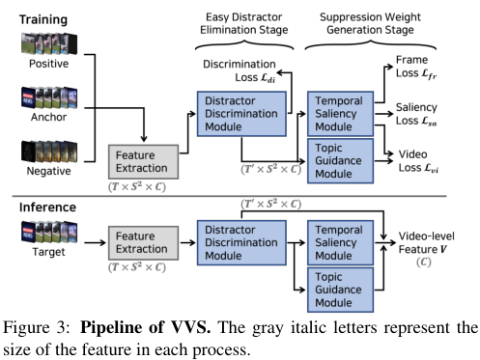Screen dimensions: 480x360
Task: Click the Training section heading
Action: (43, 19)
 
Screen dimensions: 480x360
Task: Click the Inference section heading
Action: (47, 208)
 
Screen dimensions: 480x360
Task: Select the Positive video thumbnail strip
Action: (49, 43)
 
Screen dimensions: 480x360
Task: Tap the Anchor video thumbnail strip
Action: (49, 97)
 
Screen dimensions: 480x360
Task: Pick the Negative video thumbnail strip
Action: (49, 152)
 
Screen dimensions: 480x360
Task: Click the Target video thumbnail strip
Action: (49, 232)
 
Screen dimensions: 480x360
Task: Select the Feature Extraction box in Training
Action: (143, 162)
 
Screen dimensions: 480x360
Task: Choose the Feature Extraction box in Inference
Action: (143, 243)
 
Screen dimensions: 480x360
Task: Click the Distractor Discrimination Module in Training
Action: (241, 114)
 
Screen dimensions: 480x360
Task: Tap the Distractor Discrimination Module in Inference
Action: (241, 243)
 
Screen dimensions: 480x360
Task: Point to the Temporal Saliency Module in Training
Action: (340, 114)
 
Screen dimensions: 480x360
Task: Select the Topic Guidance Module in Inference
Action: (340, 290)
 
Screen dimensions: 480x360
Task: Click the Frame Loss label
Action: (416, 67)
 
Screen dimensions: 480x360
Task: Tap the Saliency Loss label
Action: (416, 114)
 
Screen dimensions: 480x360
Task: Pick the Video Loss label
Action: (418, 161)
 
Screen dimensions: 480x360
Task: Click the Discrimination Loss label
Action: (240, 71)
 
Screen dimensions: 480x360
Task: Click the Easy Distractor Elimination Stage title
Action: (244, 23)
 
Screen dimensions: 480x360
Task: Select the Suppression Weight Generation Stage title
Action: (370, 23)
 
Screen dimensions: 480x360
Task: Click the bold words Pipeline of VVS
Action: (146, 327)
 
